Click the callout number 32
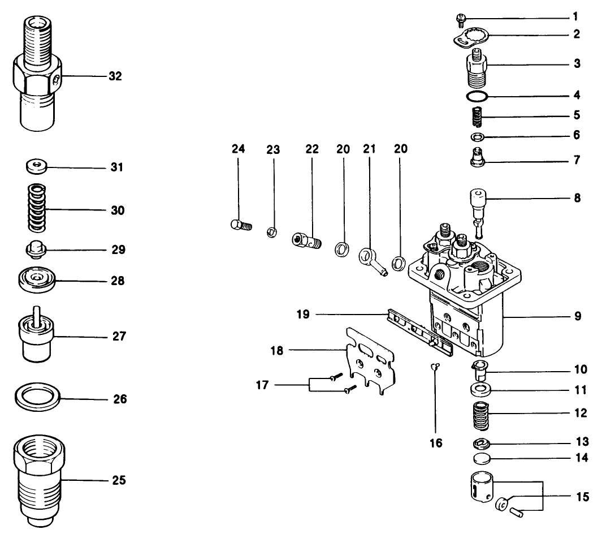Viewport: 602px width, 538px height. [x=115, y=76]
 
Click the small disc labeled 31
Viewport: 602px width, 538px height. [x=37, y=167]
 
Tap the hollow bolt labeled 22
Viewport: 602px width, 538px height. [x=305, y=240]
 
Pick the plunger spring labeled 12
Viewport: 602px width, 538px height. [x=479, y=416]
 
